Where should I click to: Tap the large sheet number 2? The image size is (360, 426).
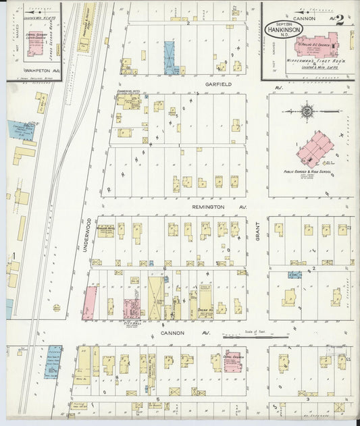point(339,20)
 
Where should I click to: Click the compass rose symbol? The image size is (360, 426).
point(307,110)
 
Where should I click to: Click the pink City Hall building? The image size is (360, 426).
point(132,308)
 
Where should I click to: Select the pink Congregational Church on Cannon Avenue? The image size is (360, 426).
point(231,361)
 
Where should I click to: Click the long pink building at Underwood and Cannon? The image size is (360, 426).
point(88,303)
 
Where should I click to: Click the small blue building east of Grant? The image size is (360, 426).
point(294,275)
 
